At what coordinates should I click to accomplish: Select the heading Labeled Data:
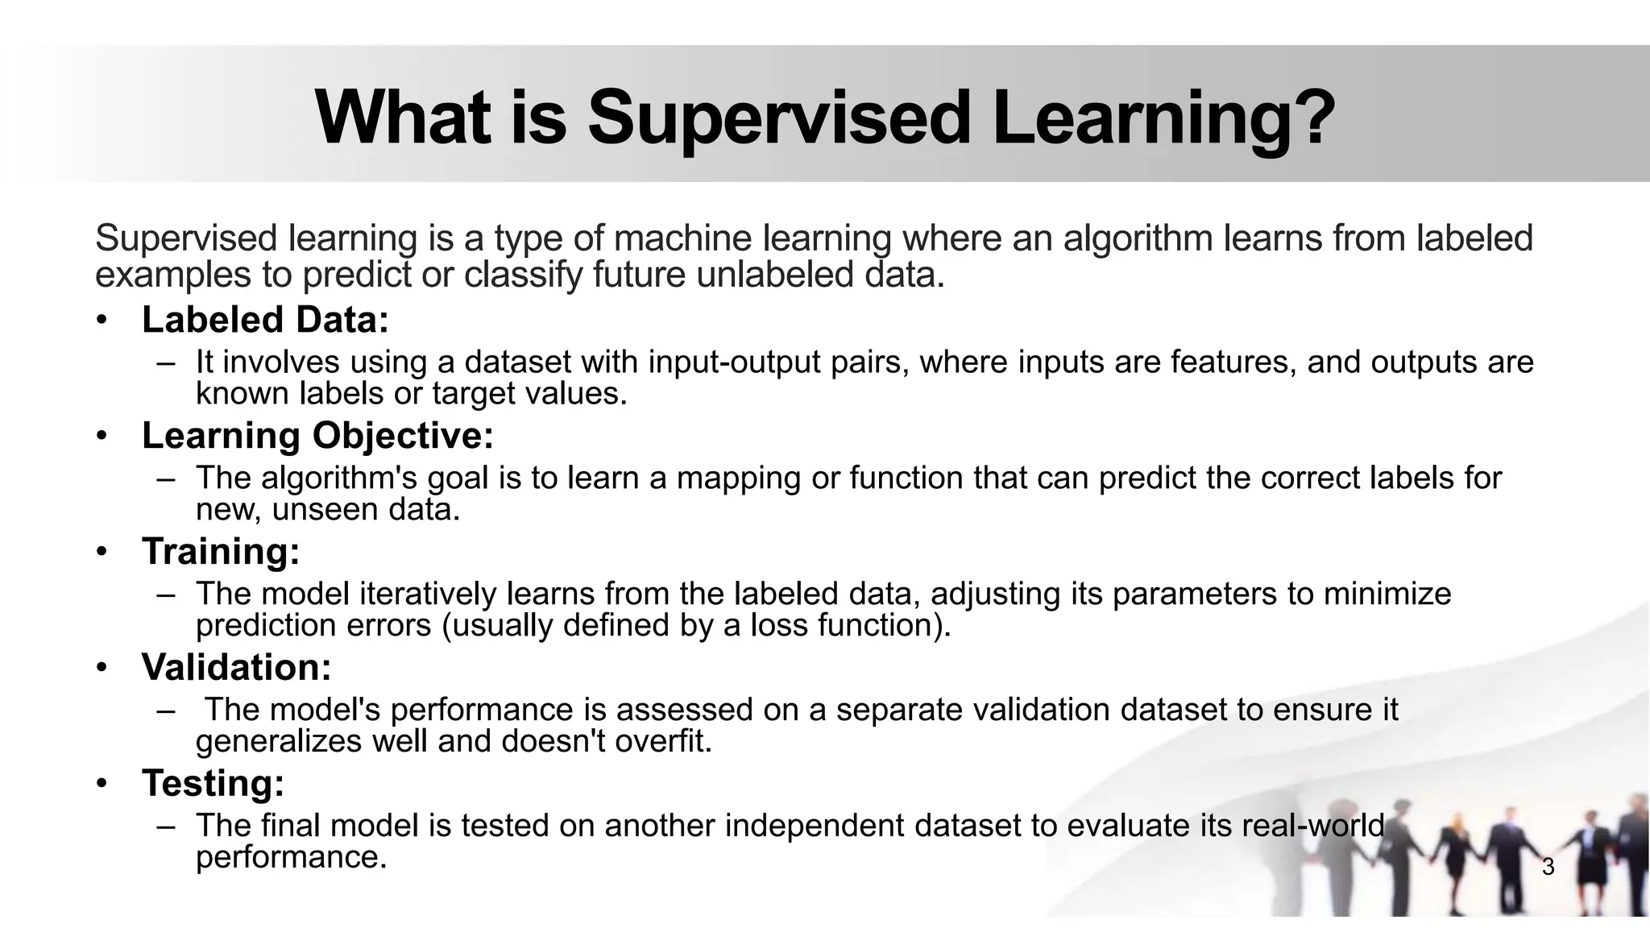coord(265,320)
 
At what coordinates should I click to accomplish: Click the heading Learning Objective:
coord(317,436)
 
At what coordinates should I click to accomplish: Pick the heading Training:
coord(221,552)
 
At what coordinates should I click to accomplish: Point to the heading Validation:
coord(236,667)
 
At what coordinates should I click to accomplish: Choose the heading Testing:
coord(213,783)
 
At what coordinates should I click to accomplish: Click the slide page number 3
coord(1548,868)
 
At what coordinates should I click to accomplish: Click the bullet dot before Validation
coord(101,669)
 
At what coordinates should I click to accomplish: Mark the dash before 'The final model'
coord(167,826)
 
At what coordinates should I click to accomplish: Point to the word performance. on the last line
coord(292,857)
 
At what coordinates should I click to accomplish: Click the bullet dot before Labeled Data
coord(101,321)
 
